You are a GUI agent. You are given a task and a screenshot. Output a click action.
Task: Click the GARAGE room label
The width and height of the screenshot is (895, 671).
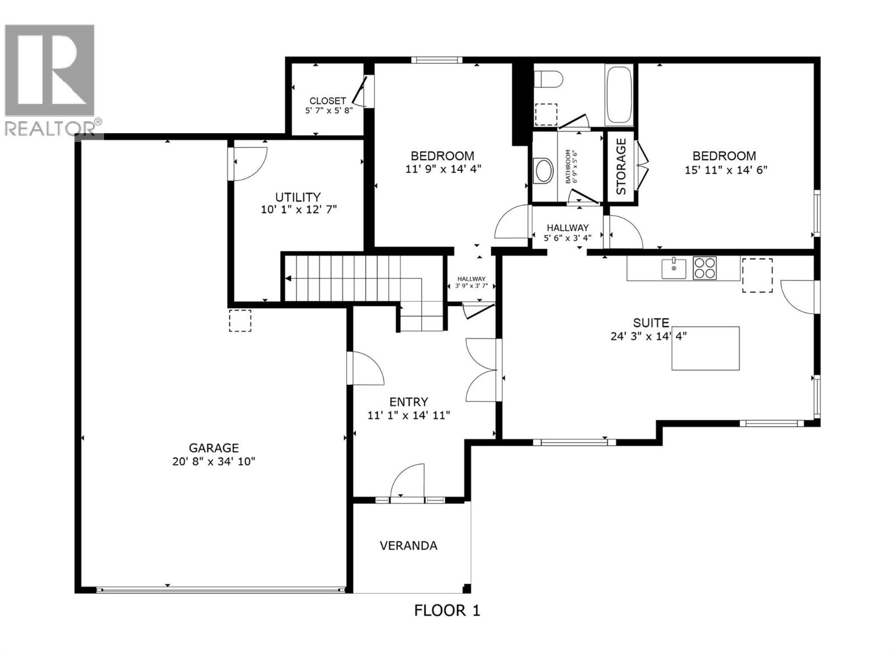click(213, 448)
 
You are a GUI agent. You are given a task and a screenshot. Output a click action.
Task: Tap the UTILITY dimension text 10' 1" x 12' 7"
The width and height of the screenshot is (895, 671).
click(299, 210)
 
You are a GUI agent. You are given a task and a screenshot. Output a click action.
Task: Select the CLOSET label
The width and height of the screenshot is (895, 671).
click(328, 101)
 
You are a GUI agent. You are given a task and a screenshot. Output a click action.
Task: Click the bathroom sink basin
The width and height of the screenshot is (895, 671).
click(543, 171)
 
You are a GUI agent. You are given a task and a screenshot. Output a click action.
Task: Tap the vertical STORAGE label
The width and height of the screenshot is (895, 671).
click(621, 167)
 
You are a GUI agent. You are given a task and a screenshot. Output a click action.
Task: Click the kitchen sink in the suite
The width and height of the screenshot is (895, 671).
click(674, 268)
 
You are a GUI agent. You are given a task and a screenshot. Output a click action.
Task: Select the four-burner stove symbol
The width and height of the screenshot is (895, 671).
click(705, 267)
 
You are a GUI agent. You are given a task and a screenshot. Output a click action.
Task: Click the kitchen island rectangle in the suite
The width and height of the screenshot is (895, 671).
click(705, 348)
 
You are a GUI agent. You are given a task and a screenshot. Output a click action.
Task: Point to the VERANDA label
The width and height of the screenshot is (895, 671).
click(408, 546)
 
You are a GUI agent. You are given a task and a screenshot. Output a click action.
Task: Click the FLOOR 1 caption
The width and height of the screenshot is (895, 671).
click(447, 610)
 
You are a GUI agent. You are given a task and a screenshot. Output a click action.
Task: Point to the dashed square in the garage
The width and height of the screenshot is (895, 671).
click(240, 320)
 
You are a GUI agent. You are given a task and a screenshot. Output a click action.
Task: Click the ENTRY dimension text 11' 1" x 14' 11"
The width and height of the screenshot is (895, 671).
click(408, 415)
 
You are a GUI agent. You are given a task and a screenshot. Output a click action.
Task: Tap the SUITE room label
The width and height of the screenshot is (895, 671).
click(651, 323)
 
